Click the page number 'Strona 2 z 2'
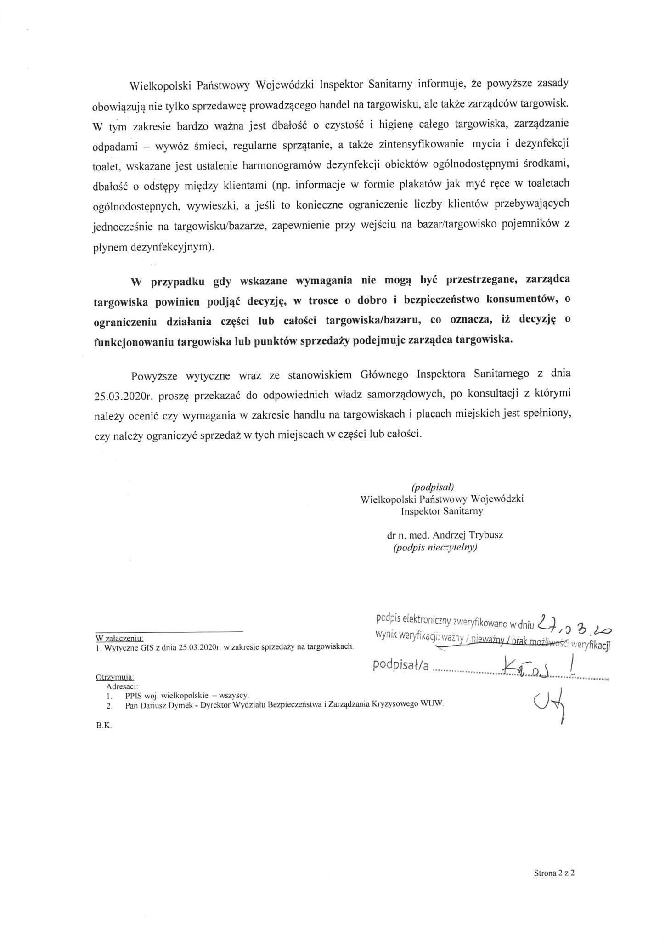pyautogui.click(x=554, y=873)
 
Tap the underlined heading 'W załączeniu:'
pyautogui.click(x=119, y=638)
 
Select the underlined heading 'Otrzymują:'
pyautogui.click(x=114, y=677)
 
